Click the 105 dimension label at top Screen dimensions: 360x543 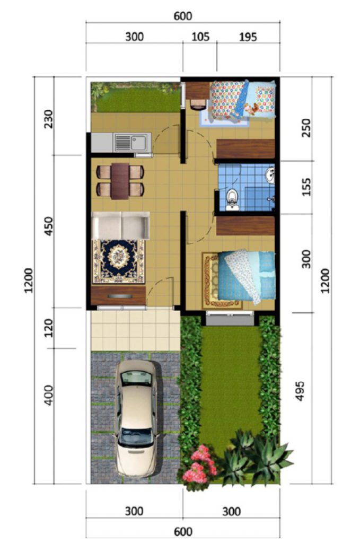tap(200, 37)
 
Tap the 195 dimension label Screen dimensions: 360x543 tap(248, 37)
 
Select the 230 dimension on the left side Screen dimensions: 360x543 tap(49, 119)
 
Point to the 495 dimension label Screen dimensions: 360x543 tap(300, 391)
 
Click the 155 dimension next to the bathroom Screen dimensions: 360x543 tap(306, 187)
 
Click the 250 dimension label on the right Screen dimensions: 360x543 tap(306, 128)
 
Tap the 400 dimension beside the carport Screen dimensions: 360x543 tap(49, 395)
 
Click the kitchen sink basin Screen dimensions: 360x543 tap(139, 142)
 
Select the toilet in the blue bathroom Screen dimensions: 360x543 tap(232, 199)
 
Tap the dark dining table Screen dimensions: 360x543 tap(120, 181)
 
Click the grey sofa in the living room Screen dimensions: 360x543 tap(120, 225)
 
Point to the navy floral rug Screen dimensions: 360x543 tap(118, 261)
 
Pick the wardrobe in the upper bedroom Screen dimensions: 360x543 tap(245, 148)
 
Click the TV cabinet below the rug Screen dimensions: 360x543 tap(118, 295)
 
